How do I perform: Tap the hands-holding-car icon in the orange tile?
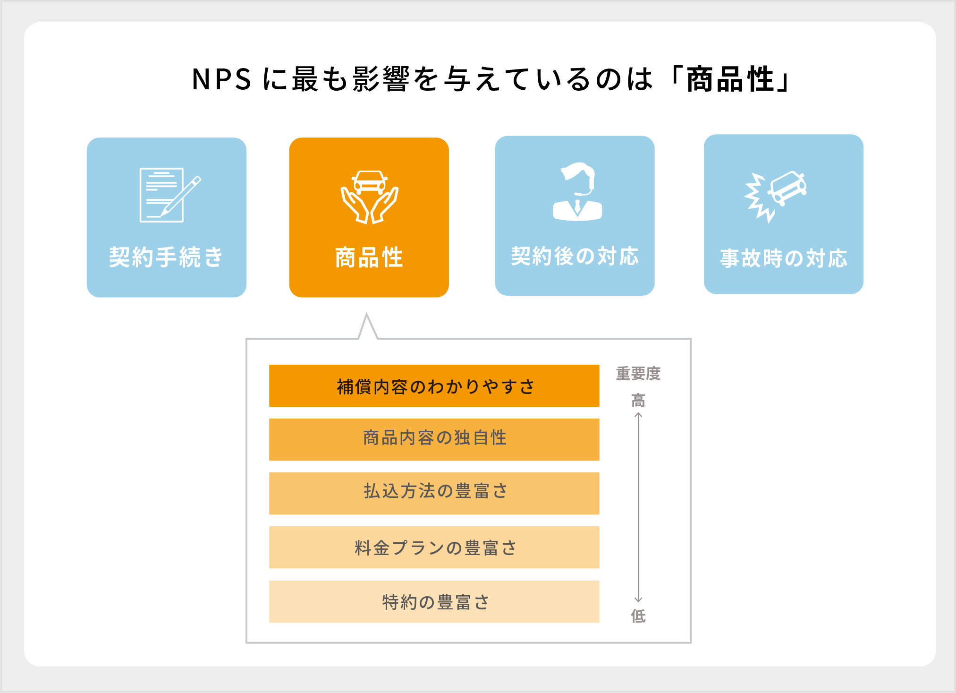369,197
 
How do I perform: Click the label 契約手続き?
166,257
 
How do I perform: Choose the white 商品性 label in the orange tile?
369,257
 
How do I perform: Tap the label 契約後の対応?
575,257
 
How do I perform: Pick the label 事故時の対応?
784,258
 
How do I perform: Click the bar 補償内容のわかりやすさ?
434,386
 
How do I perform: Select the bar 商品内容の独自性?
434,439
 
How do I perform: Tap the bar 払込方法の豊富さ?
434,493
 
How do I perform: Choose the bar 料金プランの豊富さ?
434,547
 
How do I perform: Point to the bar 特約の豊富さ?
434,601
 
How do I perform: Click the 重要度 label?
638,374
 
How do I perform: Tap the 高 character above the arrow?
638,401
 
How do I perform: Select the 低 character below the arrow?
638,616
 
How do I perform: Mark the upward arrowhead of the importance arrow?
638,415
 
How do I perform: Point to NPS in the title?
221,79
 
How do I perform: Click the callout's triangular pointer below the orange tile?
367,327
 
